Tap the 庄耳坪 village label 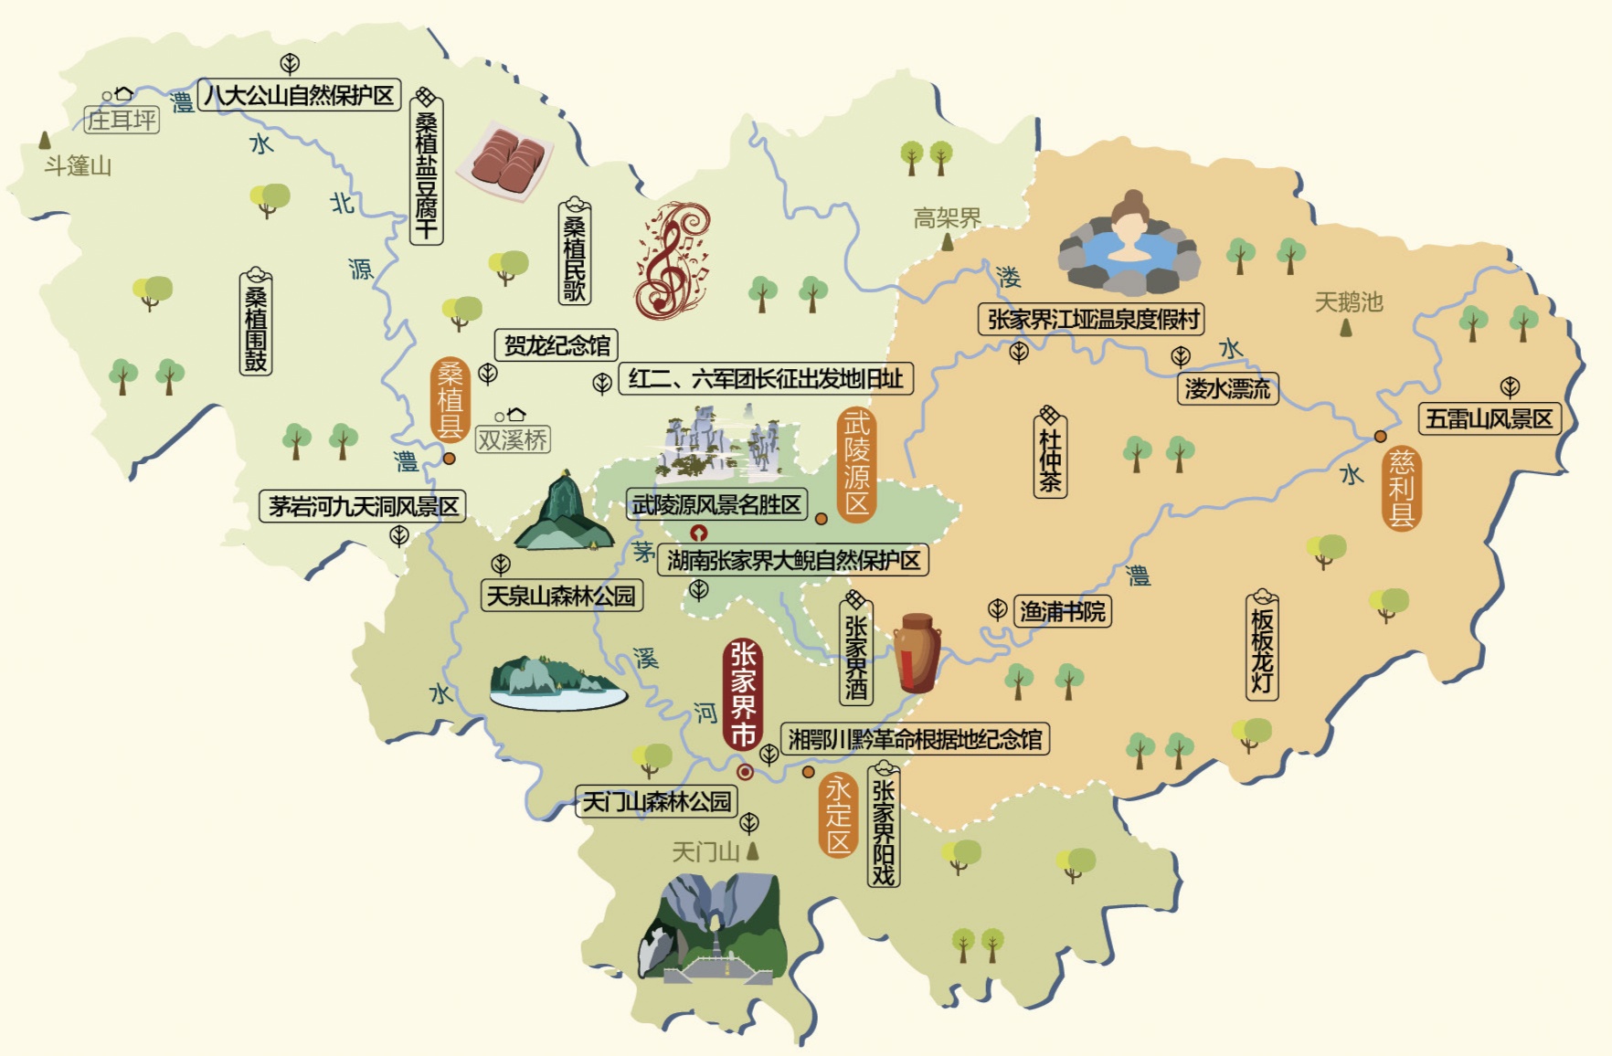pyautogui.click(x=122, y=120)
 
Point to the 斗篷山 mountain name pyautogui.click(x=79, y=166)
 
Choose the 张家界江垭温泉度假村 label pyautogui.click(x=1092, y=319)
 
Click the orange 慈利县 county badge pyautogui.click(x=1401, y=489)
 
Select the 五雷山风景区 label pyautogui.click(x=1489, y=419)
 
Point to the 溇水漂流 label pyautogui.click(x=1227, y=389)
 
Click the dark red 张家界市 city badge pyautogui.click(x=742, y=694)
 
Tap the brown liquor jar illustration pyautogui.click(x=917, y=652)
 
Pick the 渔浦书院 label pyautogui.click(x=1062, y=611)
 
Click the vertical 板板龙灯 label pyautogui.click(x=1261, y=647)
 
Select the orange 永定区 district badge pyautogui.click(x=838, y=816)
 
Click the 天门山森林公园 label pyautogui.click(x=657, y=802)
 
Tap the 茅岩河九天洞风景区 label pyautogui.click(x=363, y=506)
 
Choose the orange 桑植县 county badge pyautogui.click(x=450, y=399)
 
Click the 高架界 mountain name pyautogui.click(x=947, y=218)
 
